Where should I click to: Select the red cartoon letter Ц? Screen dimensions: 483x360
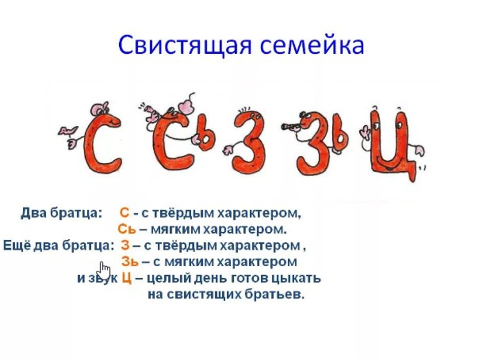(392, 145)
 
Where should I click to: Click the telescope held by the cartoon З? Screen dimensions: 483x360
(291, 126)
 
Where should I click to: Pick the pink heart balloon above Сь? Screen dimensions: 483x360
(187, 106)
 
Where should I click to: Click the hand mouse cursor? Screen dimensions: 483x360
(104, 271)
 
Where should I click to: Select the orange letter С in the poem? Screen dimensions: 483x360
(124, 213)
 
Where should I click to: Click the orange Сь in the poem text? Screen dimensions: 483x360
(127, 229)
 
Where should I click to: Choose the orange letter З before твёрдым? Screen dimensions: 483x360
(125, 245)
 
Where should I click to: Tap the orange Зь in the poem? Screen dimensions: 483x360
(130, 262)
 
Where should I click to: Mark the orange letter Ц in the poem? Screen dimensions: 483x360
(127, 278)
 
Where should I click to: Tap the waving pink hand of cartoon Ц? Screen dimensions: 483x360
(365, 133)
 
